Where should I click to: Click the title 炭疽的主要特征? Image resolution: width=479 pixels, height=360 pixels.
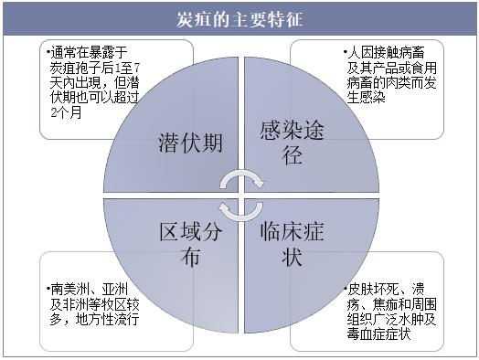(239, 20)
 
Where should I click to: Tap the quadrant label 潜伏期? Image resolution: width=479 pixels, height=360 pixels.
(190, 143)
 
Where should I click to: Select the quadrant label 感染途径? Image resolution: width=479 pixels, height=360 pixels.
(292, 143)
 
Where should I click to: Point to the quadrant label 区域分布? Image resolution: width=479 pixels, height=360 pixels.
(191, 244)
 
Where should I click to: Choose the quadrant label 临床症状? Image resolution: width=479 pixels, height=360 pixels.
(292, 244)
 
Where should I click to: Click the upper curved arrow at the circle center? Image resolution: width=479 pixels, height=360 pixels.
(242, 174)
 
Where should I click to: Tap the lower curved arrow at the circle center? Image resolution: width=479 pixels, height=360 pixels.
(240, 215)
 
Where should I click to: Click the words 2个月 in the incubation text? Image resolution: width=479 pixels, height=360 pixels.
(67, 112)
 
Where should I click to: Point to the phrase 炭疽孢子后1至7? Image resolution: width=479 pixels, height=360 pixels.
(95, 68)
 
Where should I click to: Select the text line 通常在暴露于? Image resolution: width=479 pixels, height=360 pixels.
(87, 52)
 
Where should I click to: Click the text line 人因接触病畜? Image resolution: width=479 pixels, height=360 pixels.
(384, 52)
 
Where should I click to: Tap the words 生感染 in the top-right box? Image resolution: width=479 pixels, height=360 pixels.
(366, 98)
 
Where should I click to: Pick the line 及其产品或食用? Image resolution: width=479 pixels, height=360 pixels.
(391, 68)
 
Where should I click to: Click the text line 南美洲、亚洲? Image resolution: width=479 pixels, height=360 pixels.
(87, 289)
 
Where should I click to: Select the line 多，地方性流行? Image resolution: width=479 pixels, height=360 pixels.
(95, 319)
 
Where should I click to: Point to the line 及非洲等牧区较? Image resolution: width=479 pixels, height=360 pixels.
(95, 304)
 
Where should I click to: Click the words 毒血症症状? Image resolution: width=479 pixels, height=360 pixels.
(378, 334)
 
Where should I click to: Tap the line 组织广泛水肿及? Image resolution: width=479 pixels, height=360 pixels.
(391, 319)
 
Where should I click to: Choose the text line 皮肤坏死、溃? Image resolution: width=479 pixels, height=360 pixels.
(384, 289)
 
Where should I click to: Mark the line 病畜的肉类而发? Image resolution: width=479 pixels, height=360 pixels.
(391, 83)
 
